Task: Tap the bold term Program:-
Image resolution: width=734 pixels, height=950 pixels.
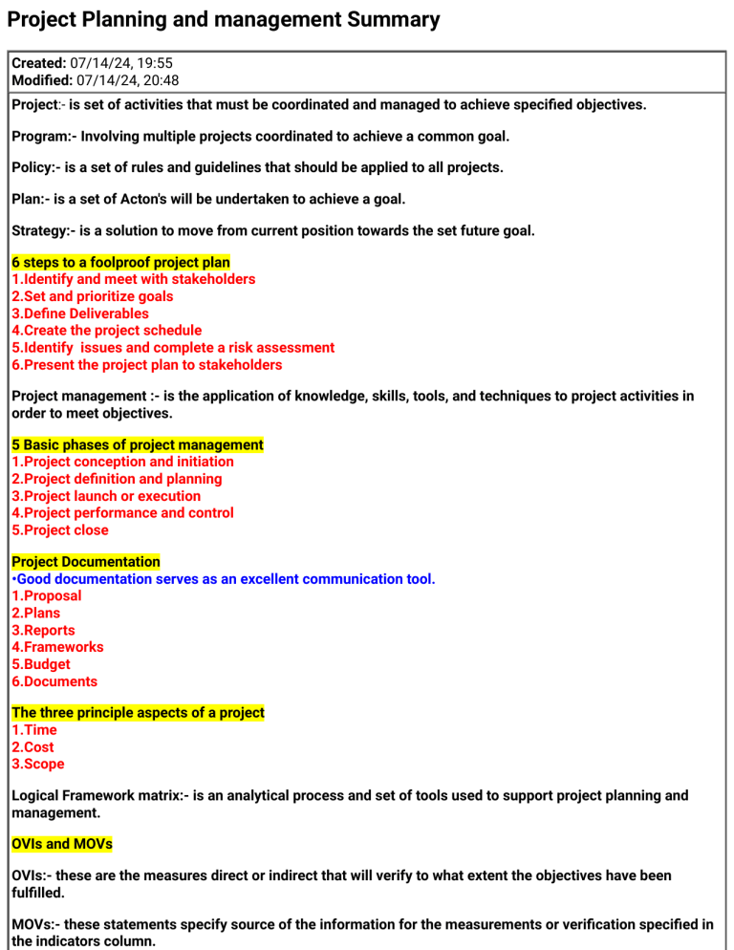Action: pyautogui.click(x=43, y=137)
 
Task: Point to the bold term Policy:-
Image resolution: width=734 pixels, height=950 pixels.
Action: pyautogui.click(x=36, y=168)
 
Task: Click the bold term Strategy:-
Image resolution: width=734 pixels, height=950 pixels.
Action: pyautogui.click(x=44, y=230)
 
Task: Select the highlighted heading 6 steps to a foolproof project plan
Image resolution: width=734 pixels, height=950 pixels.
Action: pyautogui.click(x=120, y=262)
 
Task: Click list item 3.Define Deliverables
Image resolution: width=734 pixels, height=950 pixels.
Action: pyautogui.click(x=80, y=313)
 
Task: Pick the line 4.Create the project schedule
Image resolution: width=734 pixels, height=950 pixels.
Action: pyautogui.click(x=106, y=331)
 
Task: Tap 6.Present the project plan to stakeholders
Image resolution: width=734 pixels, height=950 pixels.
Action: pyautogui.click(x=146, y=365)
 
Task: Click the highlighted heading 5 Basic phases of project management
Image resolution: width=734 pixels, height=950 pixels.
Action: pyautogui.click(x=137, y=444)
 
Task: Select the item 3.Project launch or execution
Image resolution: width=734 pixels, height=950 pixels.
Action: pyautogui.click(x=106, y=496)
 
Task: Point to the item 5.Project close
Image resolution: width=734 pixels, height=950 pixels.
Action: pyautogui.click(x=60, y=530)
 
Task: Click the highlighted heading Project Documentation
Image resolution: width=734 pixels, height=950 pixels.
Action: pyautogui.click(x=85, y=561)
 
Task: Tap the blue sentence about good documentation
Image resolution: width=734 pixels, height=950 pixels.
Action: pyautogui.click(x=223, y=578)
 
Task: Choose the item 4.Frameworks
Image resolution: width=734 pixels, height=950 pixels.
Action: pyautogui.click(x=57, y=647)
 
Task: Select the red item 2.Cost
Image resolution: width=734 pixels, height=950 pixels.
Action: pyautogui.click(x=32, y=747)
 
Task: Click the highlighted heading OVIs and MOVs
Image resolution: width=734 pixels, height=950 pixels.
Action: pyautogui.click(x=61, y=845)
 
